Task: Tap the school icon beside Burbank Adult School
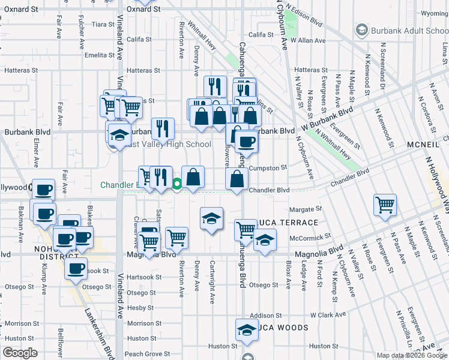click(362, 29)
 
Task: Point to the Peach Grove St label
click(147, 355)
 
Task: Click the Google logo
click(20, 353)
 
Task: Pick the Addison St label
click(266, 315)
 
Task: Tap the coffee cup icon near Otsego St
click(76, 269)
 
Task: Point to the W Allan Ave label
click(307, 40)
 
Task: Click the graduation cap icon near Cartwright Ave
click(211, 220)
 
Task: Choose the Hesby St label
click(140, 308)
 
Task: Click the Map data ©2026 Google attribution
click(412, 355)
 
